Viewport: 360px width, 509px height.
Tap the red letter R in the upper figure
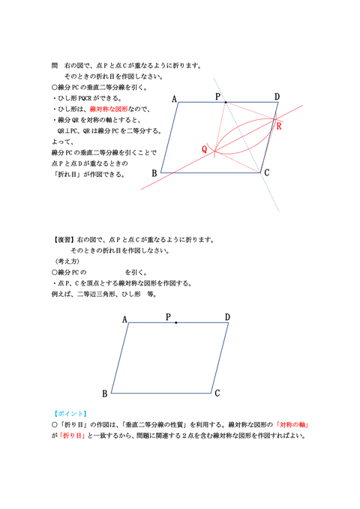pyautogui.click(x=280, y=126)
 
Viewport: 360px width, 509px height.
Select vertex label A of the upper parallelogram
pyautogui.click(x=174, y=99)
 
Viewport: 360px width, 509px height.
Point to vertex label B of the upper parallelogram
pyautogui.click(x=154, y=174)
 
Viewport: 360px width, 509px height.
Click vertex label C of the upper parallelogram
pyautogui.click(x=266, y=173)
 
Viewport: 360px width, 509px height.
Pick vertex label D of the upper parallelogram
pyautogui.click(x=277, y=97)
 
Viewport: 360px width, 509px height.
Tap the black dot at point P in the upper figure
pyautogui.click(x=225, y=102)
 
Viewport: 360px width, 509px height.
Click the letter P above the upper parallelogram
pyautogui.click(x=218, y=97)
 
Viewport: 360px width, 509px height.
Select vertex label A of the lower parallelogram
pyautogui.click(x=124, y=320)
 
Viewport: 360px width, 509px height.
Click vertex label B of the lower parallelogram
pyautogui.click(x=104, y=394)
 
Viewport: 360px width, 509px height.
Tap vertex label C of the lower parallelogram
pyautogui.click(x=217, y=393)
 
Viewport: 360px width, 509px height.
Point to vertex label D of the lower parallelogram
pyautogui.click(x=227, y=317)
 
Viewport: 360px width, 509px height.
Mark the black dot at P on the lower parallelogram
pyautogui.click(x=175, y=322)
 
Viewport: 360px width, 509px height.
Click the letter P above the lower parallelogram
pyautogui.click(x=169, y=317)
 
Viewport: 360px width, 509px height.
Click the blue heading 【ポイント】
pyautogui.click(x=70, y=413)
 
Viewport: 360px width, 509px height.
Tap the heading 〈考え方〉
pyautogui.click(x=64, y=262)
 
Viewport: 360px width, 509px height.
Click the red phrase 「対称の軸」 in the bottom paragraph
pyautogui.click(x=293, y=424)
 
